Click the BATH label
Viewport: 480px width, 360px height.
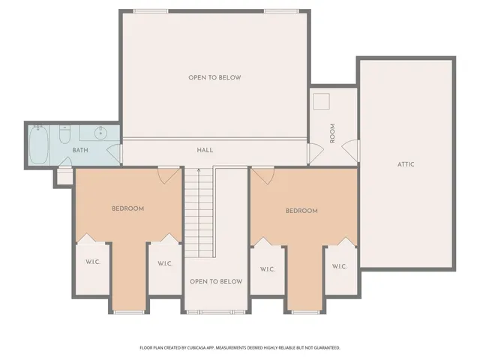[80, 151]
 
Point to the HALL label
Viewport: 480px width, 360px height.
[205, 150]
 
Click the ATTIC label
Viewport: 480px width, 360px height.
[406, 164]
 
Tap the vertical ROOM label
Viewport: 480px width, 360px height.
[332, 133]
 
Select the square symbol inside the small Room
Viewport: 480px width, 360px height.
[323, 102]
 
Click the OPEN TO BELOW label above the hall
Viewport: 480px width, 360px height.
[214, 77]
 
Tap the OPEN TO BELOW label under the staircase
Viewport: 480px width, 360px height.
[215, 281]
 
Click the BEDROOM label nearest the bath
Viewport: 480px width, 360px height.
[127, 208]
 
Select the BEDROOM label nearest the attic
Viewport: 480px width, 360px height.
[301, 211]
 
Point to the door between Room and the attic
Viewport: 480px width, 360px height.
[352, 151]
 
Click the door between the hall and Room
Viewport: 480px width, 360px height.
[313, 152]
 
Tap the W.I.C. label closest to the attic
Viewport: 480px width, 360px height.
[339, 266]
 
